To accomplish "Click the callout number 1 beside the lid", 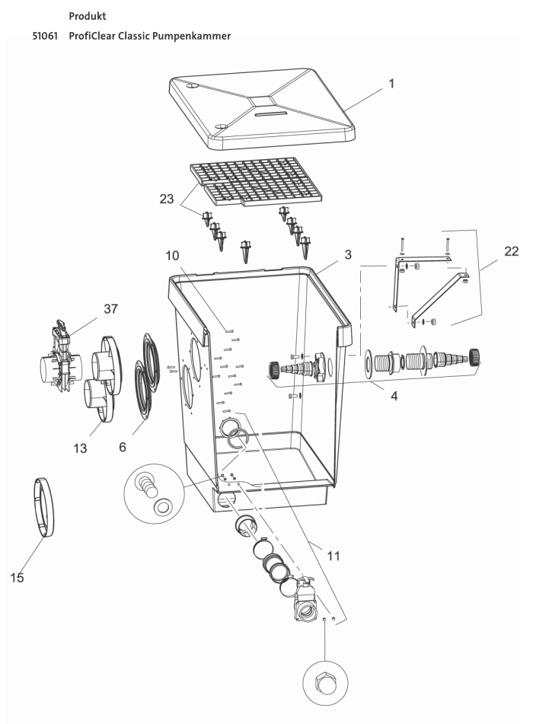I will point(391,84).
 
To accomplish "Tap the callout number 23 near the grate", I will point(166,199).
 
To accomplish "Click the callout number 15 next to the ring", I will point(16,578).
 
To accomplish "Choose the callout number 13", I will point(80,448).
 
